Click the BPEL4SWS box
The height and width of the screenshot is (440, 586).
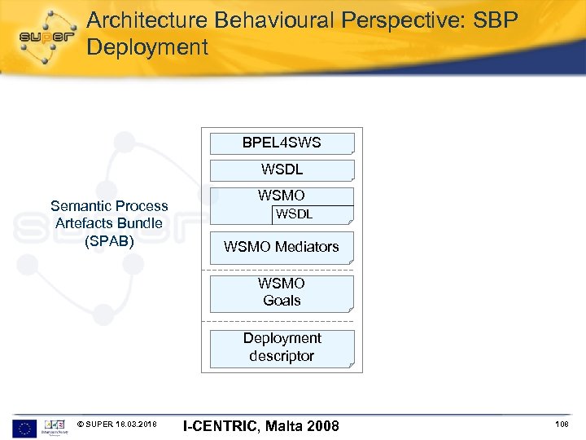[x=282, y=143]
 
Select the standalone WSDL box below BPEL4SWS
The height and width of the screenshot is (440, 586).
[x=282, y=170]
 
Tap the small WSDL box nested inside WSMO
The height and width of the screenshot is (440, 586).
[x=311, y=215]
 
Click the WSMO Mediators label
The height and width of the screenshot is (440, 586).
[x=282, y=247]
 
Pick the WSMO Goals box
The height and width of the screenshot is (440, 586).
[x=282, y=293]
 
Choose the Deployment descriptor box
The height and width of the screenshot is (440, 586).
[x=282, y=348]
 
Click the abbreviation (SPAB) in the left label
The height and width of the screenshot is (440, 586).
[x=109, y=240]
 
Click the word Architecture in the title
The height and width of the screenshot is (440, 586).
[x=144, y=20]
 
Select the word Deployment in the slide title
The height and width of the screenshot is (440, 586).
[x=147, y=47]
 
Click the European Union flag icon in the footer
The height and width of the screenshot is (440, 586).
[x=24, y=426]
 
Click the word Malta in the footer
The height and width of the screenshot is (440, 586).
[x=282, y=426]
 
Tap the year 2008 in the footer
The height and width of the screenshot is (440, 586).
[x=322, y=426]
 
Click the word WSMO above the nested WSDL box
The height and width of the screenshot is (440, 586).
[x=282, y=196]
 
